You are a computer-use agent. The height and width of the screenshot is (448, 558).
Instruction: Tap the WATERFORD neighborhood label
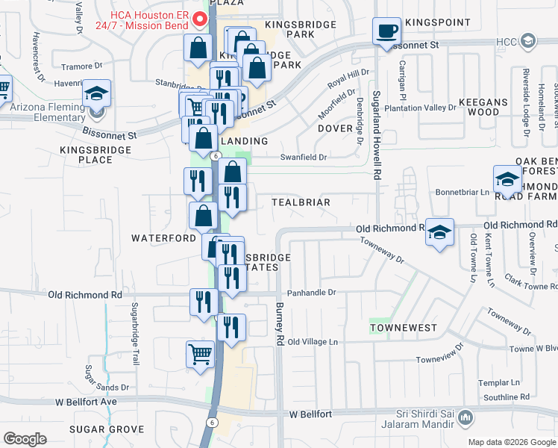click(163, 238)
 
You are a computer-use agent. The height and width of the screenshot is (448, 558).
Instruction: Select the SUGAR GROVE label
click(107, 429)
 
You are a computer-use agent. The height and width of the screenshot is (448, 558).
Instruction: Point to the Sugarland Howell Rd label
click(377, 134)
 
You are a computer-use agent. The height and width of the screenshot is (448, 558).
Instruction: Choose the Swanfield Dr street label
click(304, 157)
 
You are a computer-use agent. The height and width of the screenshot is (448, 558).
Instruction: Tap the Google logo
click(25, 438)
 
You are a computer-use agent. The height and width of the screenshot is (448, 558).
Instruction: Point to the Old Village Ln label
click(313, 342)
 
